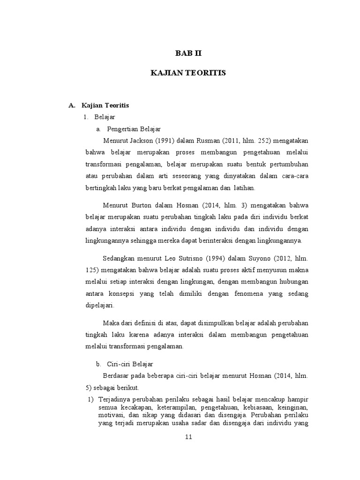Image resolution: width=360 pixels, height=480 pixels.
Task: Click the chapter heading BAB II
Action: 187,54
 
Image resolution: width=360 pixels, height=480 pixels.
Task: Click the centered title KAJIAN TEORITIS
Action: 187,73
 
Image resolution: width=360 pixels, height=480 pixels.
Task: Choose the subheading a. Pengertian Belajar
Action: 129,128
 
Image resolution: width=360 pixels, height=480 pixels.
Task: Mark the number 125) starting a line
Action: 92,270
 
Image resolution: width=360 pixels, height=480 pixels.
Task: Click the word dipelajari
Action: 99,305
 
